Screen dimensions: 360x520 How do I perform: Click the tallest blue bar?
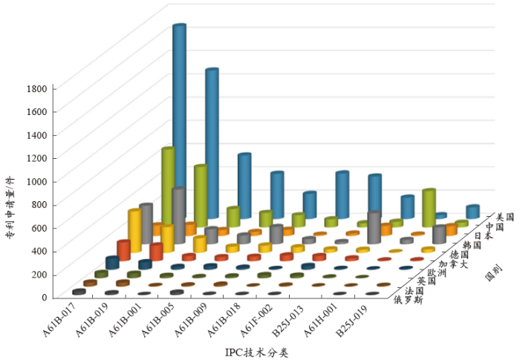tap(179, 119)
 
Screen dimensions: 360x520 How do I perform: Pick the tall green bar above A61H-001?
tap(429, 208)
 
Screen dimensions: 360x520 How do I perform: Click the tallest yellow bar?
tap(134, 234)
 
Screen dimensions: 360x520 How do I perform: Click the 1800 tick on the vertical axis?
tap(38, 88)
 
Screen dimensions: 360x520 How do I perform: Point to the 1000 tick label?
tap(38, 181)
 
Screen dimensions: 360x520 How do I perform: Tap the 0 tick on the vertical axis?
tap(45, 298)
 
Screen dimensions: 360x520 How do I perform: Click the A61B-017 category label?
tap(60, 321)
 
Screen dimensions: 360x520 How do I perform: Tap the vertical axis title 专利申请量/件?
tap(10, 209)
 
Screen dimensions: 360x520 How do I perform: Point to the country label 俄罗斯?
tap(408, 300)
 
